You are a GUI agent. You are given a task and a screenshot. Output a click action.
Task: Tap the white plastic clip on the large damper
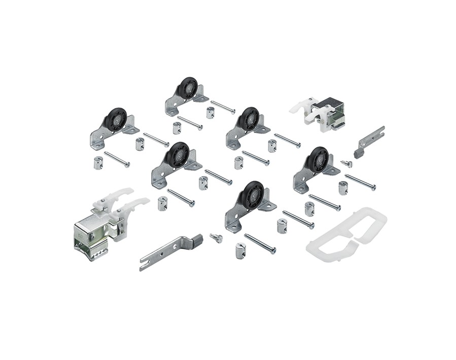point(120,201)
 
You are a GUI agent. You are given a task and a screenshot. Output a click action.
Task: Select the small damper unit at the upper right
point(319,113)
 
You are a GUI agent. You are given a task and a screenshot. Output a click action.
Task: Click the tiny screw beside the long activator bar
point(217,237)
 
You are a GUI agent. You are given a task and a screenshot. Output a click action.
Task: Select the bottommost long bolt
point(260,243)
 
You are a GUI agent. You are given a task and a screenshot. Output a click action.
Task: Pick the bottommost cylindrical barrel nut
point(241,250)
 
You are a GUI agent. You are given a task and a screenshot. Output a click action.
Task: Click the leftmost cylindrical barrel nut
point(99,162)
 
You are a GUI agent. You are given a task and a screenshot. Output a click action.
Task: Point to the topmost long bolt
point(223,107)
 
